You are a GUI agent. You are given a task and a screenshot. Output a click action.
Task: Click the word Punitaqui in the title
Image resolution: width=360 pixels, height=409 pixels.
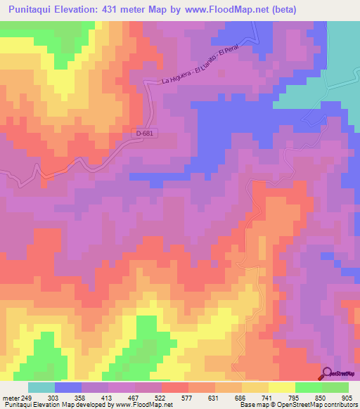coord(34,10)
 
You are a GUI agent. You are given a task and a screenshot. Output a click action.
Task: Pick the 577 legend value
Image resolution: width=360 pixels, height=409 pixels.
coord(188,398)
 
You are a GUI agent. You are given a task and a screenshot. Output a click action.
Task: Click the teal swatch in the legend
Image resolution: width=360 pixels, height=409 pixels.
coord(41,387)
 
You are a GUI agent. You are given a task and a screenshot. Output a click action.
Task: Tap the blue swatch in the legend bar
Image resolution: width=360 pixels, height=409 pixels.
coord(68,387)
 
